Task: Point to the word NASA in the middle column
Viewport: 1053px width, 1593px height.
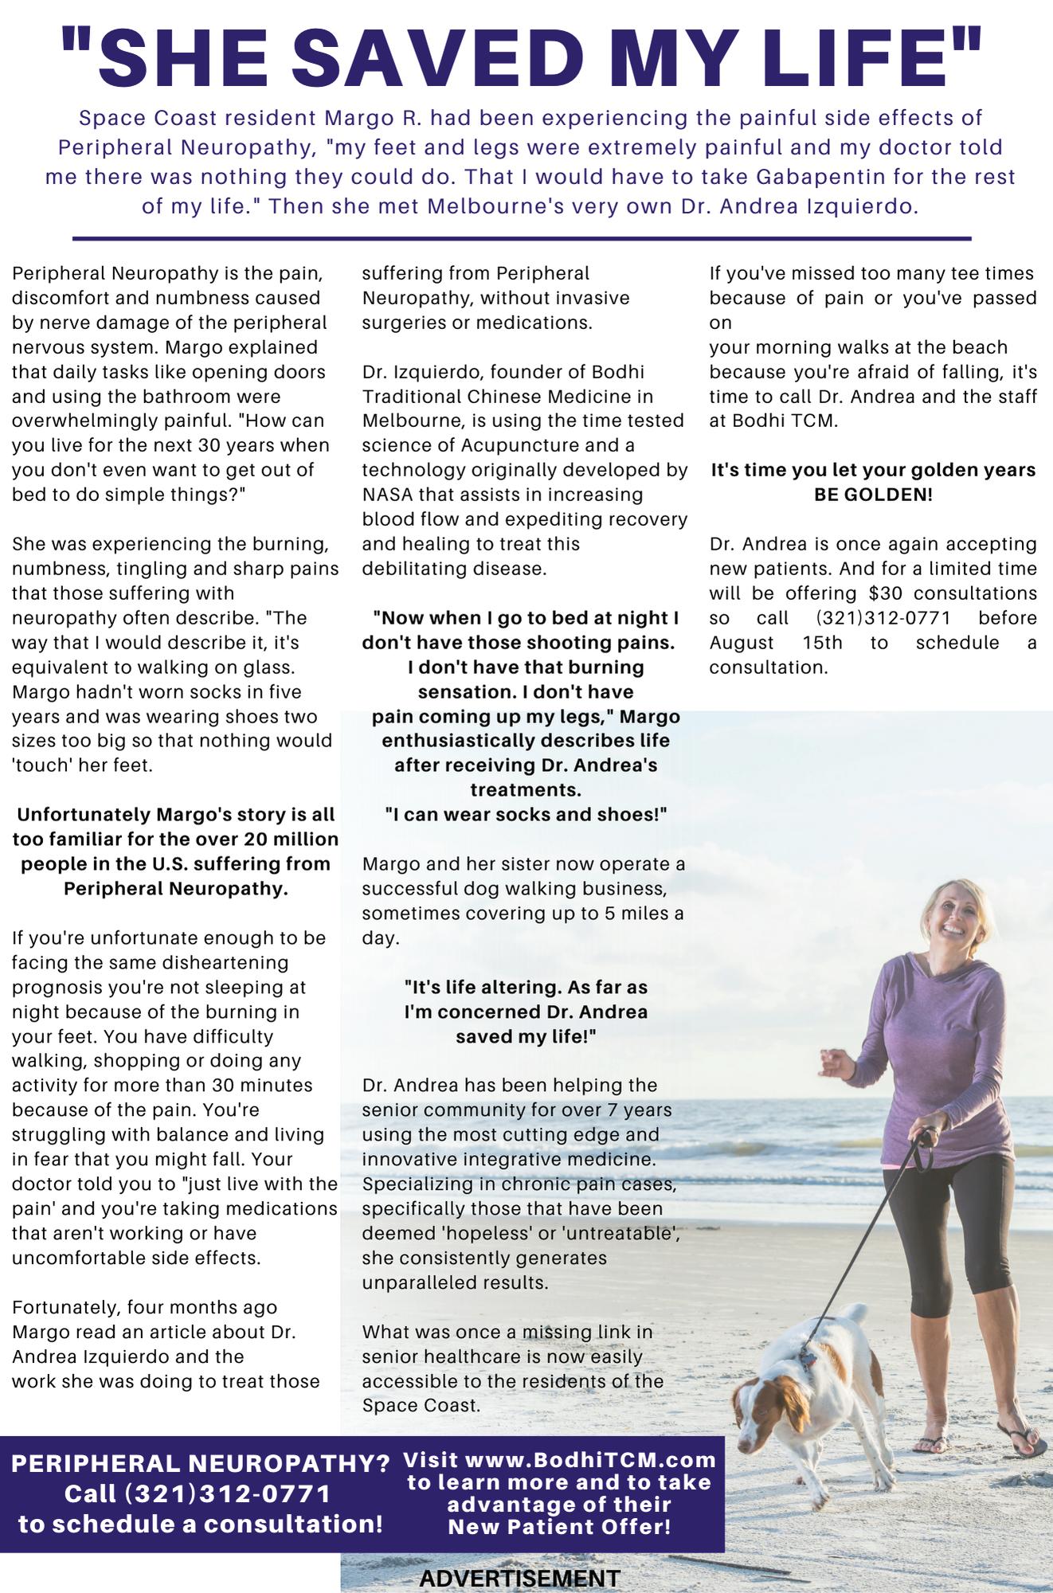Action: [x=386, y=495]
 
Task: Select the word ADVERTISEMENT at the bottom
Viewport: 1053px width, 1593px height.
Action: [x=519, y=1578]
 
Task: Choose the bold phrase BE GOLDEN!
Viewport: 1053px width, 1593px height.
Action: [x=873, y=495]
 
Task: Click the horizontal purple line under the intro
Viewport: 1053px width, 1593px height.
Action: [x=522, y=238]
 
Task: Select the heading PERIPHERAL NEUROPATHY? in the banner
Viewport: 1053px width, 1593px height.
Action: [x=200, y=1464]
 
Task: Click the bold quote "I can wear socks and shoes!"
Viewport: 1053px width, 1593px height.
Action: [x=525, y=815]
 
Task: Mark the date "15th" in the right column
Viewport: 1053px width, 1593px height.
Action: [x=822, y=643]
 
